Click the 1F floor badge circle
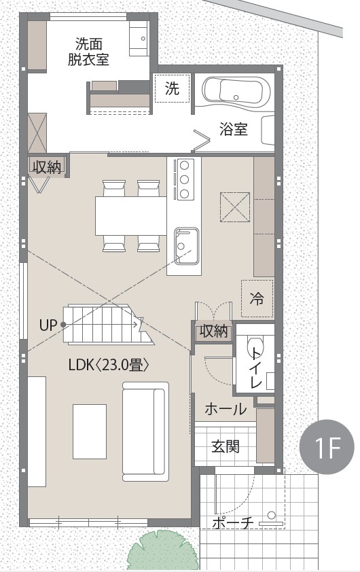327,446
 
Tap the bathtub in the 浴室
236,92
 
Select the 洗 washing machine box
172,88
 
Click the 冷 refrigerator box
257,299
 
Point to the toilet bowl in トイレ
254,347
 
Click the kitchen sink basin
186,246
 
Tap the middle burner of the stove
184,179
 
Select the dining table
131,216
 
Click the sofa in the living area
145,431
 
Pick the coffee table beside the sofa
90,431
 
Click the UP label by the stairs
48,325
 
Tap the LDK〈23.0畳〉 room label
109,365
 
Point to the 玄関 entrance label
226,446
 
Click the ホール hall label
226,409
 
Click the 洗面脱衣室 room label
88,52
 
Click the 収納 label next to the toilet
214,332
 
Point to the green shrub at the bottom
162,552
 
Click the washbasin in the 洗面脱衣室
139,38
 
